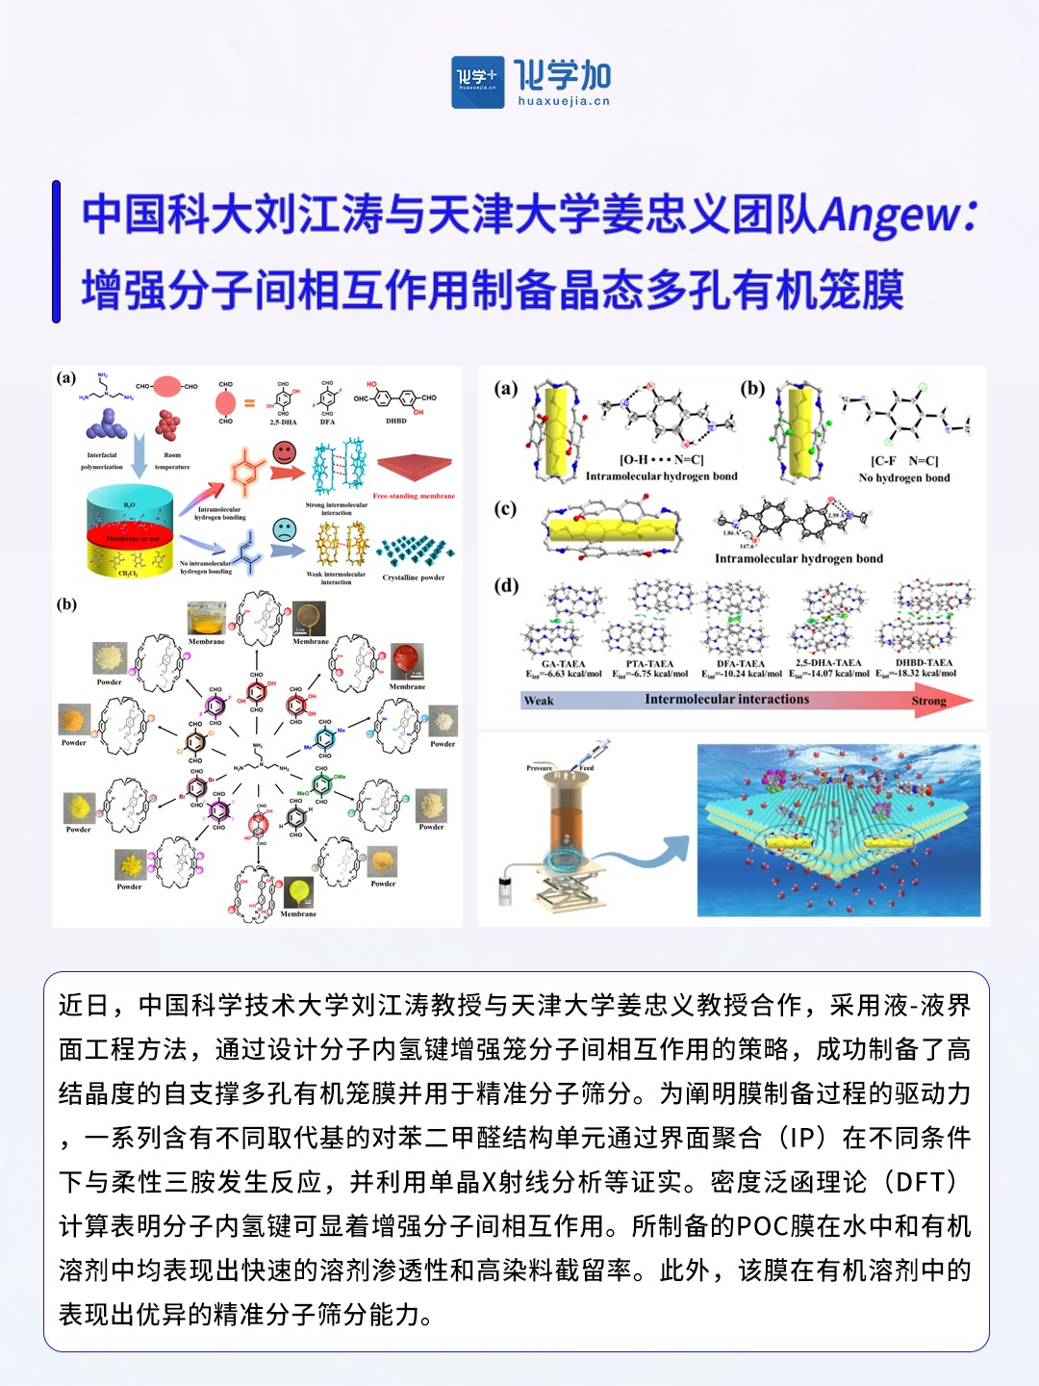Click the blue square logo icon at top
(477, 82)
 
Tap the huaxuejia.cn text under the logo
(564, 101)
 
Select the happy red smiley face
(284, 450)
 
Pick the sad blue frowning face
(284, 529)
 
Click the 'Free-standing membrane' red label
(414, 497)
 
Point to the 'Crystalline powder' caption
(414, 577)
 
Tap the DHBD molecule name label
(396, 421)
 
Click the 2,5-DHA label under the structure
(283, 422)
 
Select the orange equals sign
(249, 403)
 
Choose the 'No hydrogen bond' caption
(903, 477)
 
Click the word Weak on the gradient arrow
(539, 701)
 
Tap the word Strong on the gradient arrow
(928, 701)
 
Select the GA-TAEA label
(563, 664)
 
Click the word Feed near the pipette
(587, 768)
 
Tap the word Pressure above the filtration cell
(540, 768)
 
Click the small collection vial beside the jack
(505, 890)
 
